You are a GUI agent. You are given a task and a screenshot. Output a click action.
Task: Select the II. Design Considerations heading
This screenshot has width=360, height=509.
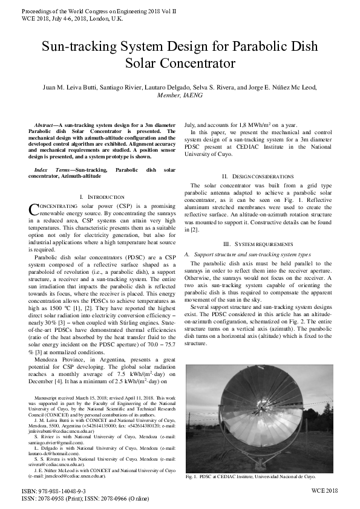258,175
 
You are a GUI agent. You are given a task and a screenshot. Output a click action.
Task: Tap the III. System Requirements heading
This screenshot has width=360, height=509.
258,244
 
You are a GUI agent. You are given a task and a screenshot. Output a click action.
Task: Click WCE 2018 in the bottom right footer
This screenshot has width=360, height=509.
324,491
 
